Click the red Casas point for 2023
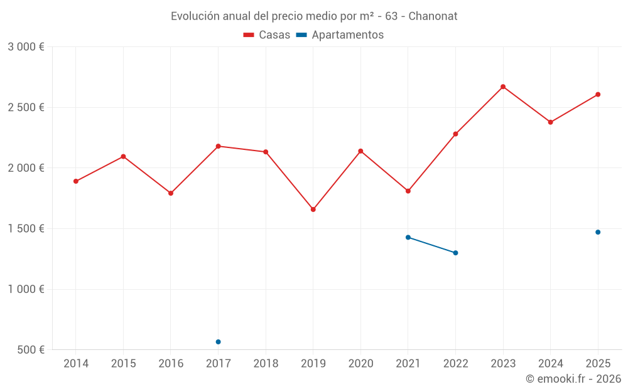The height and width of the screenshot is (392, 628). (x=503, y=87)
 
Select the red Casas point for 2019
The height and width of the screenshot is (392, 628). (x=313, y=209)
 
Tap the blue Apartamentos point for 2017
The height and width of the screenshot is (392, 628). (x=218, y=342)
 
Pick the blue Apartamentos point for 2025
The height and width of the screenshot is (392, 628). (x=598, y=232)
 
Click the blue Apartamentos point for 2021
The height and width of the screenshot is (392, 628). (x=408, y=237)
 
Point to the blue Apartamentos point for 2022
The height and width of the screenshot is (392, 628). (x=455, y=253)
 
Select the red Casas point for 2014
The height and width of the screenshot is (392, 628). (x=76, y=181)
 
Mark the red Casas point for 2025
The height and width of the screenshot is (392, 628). (x=598, y=95)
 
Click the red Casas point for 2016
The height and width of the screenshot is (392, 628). (x=171, y=193)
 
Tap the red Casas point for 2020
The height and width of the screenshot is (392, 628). (x=360, y=151)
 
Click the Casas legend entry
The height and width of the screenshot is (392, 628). (x=267, y=35)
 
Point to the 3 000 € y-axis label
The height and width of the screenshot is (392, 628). (x=26, y=47)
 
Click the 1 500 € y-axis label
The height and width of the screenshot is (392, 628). (x=26, y=228)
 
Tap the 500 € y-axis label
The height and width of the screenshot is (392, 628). (x=30, y=349)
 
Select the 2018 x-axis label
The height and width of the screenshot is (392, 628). (x=266, y=363)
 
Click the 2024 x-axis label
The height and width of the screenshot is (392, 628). (x=550, y=363)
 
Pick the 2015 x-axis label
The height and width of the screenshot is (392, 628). (x=123, y=363)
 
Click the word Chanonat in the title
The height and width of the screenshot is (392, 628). (x=433, y=16)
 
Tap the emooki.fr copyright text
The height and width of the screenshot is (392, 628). (x=573, y=379)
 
